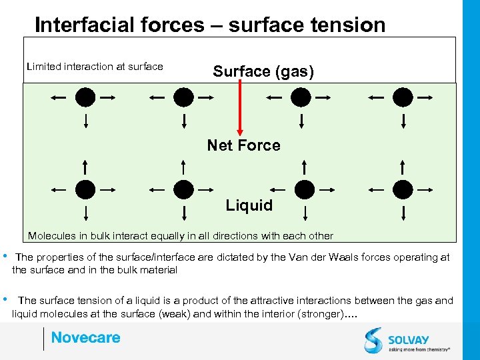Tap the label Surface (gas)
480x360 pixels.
click(263, 71)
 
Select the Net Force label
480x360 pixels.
click(243, 145)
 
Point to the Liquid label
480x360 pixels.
click(249, 205)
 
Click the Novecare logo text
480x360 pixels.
click(85, 337)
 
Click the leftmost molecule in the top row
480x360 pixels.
click(85, 97)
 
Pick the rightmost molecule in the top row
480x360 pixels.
click(403, 97)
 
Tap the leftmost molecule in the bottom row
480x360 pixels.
click(85, 189)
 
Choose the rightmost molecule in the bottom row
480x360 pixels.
click(403, 189)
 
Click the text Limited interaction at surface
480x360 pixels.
click(95, 66)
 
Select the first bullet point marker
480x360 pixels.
click(5, 256)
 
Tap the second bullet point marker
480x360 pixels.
click(5, 299)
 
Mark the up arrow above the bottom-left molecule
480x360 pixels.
click(85, 166)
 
